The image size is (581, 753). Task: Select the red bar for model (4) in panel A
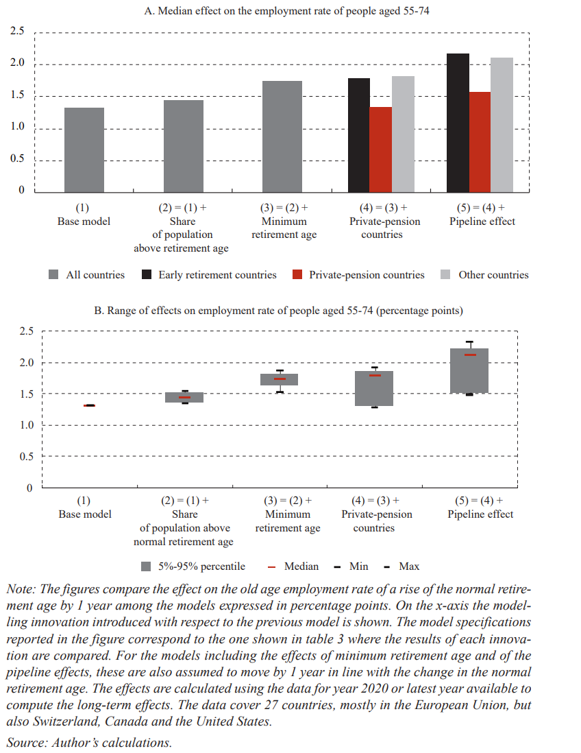380,150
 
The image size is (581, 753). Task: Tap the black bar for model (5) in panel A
458,123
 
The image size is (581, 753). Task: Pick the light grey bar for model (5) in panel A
502,125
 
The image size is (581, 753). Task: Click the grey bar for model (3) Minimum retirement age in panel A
282,136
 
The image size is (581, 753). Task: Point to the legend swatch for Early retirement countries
147,275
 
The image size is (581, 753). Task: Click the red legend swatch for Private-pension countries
297,275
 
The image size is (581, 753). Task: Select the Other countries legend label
493,275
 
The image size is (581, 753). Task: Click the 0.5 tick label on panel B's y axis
25,456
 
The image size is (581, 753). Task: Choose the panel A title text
288,11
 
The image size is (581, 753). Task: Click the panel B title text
278,311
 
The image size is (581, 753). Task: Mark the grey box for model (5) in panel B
470,370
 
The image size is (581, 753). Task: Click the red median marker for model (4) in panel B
375,375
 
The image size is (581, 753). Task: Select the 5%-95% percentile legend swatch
146,566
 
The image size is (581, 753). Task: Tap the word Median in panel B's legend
301,566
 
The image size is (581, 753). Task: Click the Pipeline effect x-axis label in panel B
480,514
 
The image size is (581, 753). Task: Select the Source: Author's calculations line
89,743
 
